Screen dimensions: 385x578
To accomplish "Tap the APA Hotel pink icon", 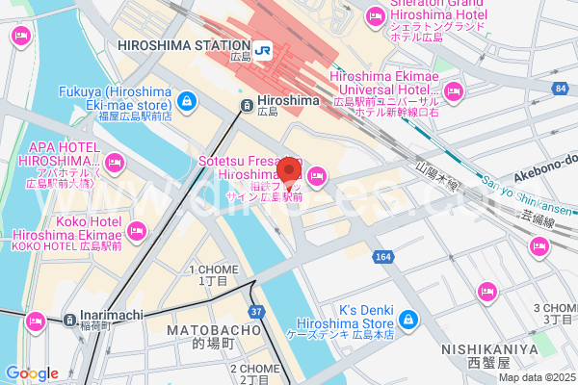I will click(x=116, y=161).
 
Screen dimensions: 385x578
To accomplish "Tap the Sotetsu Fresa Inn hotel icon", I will click(x=318, y=174).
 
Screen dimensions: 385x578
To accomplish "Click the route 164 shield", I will click(x=383, y=257).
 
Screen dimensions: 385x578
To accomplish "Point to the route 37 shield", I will click(x=256, y=312).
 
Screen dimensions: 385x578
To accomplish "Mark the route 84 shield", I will click(x=560, y=90).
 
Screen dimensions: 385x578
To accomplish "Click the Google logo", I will click(x=31, y=373).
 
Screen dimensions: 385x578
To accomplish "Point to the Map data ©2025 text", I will click(x=536, y=377).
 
